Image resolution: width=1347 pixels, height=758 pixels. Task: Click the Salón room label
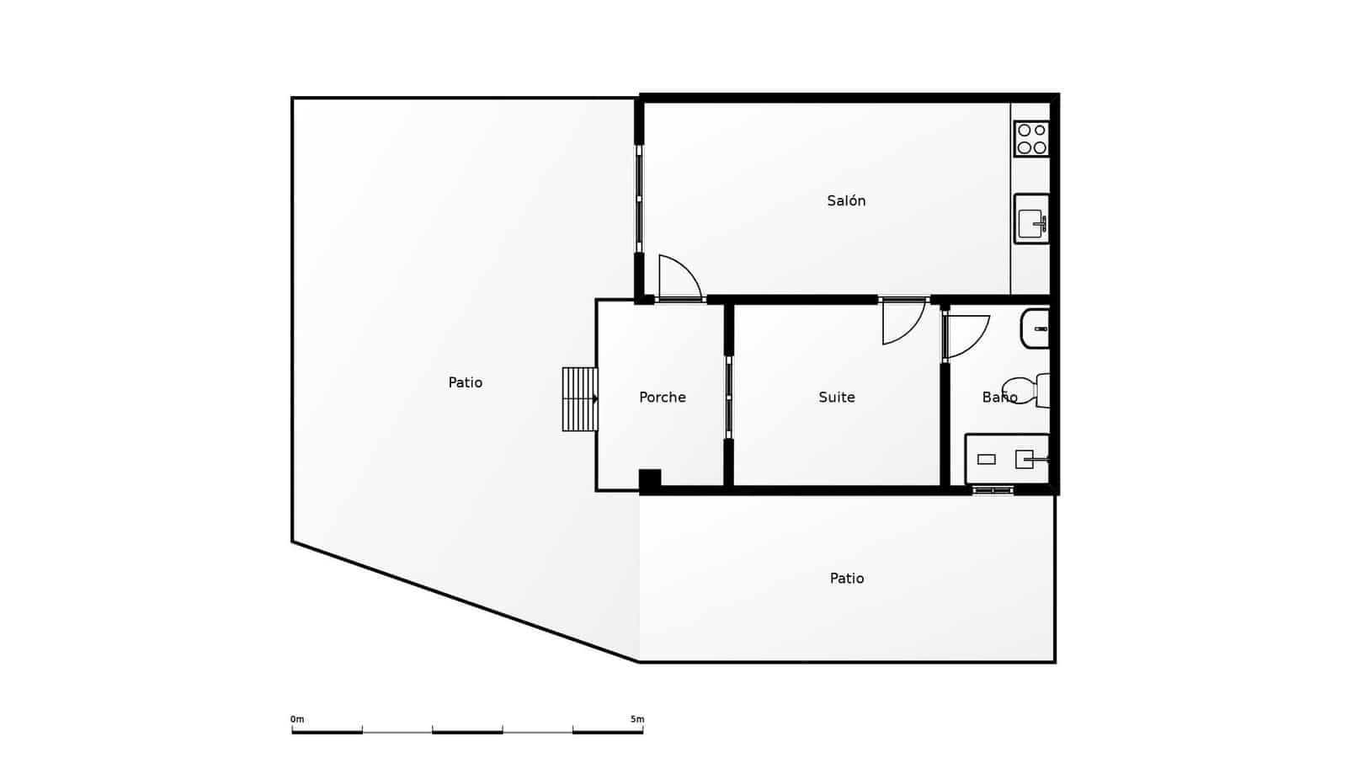[846, 200]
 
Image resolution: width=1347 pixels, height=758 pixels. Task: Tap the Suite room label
[837, 397]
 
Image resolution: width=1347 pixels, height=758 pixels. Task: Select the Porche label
[663, 397]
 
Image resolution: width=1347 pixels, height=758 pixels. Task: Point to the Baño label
[999, 397]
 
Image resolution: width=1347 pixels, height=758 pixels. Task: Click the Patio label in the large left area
[466, 382]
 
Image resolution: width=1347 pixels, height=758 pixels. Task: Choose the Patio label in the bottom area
[847, 578]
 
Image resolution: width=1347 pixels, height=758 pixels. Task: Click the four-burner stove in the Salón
[1031, 139]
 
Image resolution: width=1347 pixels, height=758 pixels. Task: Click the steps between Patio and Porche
[580, 399]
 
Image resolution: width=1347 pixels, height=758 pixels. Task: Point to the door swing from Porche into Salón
[679, 278]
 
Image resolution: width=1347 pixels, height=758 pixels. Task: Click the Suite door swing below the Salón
[902, 323]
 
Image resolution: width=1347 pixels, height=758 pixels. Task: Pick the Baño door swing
[966, 336]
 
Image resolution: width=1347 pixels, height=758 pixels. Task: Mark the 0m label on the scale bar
[297, 719]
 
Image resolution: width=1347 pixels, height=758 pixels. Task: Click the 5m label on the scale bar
[637, 719]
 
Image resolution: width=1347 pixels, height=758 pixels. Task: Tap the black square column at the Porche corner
[650, 480]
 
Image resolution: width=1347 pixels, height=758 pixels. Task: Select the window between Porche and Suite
[729, 397]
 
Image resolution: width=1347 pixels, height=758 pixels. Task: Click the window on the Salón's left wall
[639, 199]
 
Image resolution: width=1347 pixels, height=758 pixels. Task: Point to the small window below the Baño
[993, 490]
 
